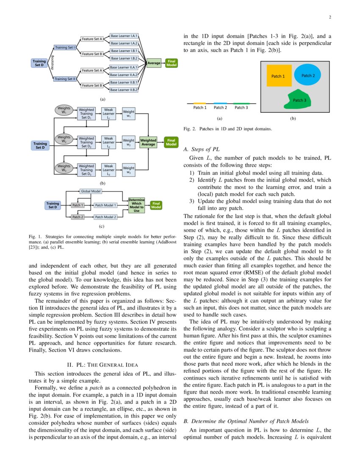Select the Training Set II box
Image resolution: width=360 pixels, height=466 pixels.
click(65, 79)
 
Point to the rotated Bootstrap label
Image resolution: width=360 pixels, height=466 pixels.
click(52, 63)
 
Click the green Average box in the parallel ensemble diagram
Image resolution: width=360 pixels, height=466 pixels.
click(154, 63)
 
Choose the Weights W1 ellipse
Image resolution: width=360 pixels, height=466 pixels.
click(64, 111)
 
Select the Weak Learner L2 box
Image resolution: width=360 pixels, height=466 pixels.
click(109, 141)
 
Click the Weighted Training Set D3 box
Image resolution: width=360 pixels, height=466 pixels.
click(86, 169)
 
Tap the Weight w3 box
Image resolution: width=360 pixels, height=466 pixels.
click(129, 170)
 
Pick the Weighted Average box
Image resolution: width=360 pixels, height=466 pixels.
click(148, 142)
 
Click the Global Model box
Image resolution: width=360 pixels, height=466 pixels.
click(91, 191)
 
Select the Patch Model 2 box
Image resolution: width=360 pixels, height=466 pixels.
click(105, 217)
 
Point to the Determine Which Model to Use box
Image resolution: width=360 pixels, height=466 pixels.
click(136, 205)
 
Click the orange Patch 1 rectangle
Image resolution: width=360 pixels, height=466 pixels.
click(279, 76)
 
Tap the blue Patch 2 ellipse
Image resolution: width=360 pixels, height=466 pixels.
click(307, 75)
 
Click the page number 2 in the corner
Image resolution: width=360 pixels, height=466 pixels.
click(329, 17)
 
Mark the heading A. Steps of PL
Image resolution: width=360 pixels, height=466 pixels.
click(202, 149)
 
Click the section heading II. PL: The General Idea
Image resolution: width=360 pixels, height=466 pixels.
click(102, 364)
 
